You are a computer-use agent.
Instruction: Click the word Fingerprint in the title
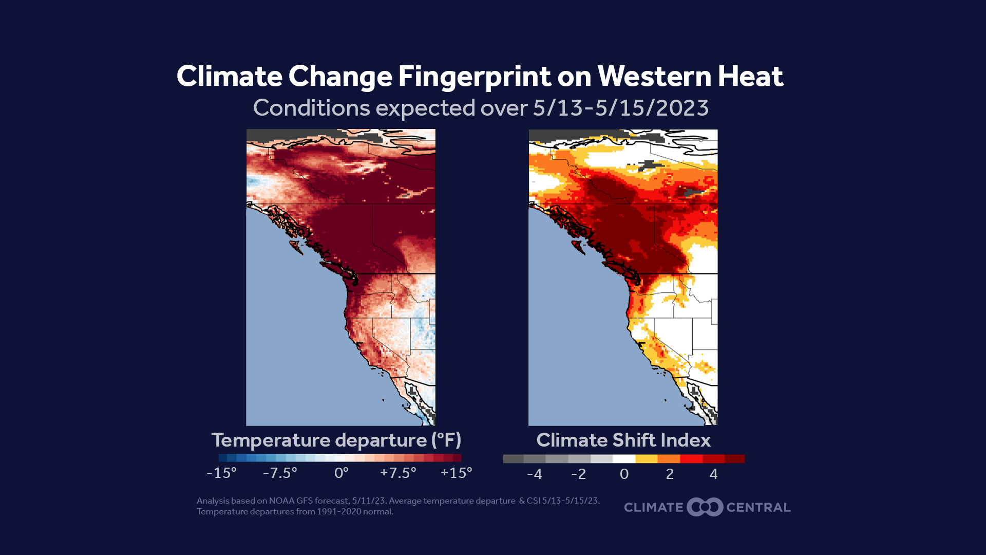474,77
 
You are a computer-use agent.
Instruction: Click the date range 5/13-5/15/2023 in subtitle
620,108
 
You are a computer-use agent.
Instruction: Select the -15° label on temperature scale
221,473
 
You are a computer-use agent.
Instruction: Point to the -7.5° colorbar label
280,473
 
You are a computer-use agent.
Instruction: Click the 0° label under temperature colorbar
341,473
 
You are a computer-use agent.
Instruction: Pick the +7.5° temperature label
398,473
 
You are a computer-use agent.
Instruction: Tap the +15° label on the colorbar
456,473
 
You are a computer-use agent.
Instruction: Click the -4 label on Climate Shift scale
534,474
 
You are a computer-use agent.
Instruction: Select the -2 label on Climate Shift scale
578,474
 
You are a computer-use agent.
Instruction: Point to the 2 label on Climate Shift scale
670,474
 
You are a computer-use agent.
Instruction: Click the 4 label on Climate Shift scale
713,474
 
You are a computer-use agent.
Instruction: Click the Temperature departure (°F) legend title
336,440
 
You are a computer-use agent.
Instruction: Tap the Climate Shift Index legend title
623,440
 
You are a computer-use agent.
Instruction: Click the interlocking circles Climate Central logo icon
705,507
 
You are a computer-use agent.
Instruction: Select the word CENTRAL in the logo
759,508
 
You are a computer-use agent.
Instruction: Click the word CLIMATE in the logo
653,508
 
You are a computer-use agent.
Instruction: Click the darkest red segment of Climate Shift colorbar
735,459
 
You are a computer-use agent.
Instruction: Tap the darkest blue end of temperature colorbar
222,458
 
